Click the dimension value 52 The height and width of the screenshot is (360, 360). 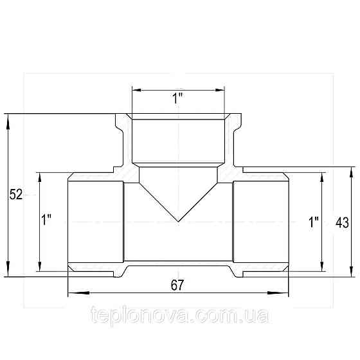16,194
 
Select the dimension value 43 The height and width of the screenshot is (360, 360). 342,222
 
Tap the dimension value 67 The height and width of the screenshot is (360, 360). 177,285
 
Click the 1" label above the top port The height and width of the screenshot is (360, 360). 177,98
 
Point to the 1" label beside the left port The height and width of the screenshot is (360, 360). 46,220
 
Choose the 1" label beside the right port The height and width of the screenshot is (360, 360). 314,222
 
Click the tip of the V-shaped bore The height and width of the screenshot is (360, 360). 179,222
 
